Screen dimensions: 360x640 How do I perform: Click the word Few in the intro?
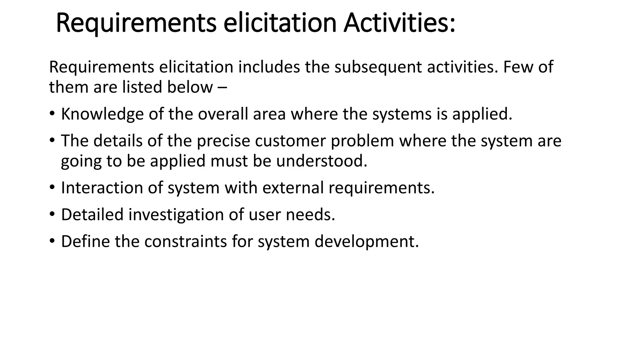pyautogui.click(x=517, y=67)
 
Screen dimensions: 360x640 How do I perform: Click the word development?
pyautogui.click(x=366, y=242)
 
